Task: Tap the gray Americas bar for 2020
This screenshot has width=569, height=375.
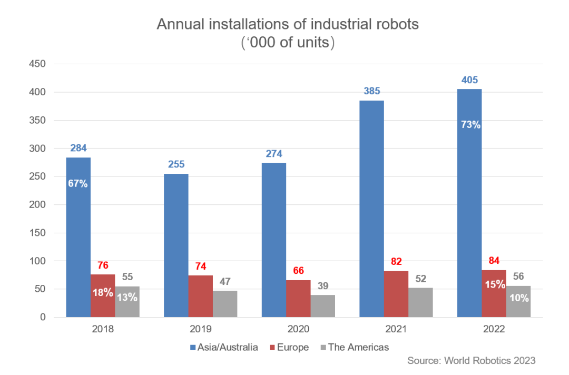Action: pos(323,306)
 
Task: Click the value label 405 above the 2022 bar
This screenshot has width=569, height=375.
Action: pos(469,80)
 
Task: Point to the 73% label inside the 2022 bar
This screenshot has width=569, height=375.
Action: pos(469,125)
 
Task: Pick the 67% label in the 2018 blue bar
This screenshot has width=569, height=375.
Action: pos(78,184)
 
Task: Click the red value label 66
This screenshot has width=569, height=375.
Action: pos(298,271)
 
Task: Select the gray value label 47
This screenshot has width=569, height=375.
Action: pos(225,281)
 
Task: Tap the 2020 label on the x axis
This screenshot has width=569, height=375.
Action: pos(298,330)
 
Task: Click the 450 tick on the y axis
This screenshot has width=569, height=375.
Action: pos(38,64)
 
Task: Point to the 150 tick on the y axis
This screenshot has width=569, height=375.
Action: pos(38,233)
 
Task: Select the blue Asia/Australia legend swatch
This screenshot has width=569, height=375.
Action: pos(193,348)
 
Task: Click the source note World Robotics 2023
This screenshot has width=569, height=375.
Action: pos(471,361)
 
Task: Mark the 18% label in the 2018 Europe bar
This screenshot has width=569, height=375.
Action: pos(103,292)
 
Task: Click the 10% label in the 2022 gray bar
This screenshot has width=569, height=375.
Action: pos(518,298)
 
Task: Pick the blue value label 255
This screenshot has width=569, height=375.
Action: pos(176,164)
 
